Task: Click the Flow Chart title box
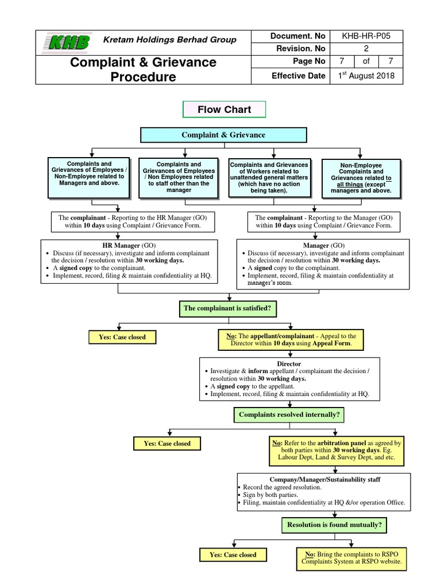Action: pyautogui.click(x=225, y=109)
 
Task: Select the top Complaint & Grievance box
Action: pyautogui.click(x=223, y=135)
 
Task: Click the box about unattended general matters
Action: pyautogui.click(x=269, y=177)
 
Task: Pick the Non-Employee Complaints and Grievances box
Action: pyautogui.click(x=360, y=178)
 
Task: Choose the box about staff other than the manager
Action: pyautogui.click(x=179, y=177)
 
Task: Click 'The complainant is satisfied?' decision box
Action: pyautogui.click(x=227, y=308)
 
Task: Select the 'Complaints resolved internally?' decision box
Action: pyautogui.click(x=281, y=414)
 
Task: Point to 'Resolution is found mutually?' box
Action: pyautogui.click(x=334, y=524)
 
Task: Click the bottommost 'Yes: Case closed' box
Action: pyautogui.click(x=233, y=555)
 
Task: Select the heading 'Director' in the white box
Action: pyautogui.click(x=289, y=364)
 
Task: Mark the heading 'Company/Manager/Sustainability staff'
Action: pyautogui.click(x=324, y=479)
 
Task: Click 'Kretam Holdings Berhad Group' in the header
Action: pyautogui.click(x=169, y=40)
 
